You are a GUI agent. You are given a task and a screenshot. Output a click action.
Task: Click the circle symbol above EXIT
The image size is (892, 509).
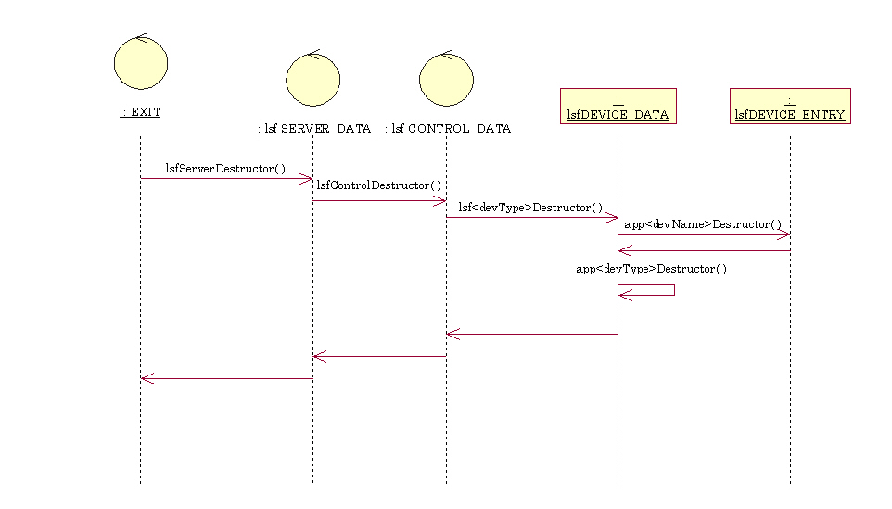(141, 63)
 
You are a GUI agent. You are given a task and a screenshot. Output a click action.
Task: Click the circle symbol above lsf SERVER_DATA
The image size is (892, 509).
(312, 79)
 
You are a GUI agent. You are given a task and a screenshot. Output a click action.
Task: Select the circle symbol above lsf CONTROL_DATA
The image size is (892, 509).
(446, 79)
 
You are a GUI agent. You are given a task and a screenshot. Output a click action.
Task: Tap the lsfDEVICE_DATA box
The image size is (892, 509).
(618, 107)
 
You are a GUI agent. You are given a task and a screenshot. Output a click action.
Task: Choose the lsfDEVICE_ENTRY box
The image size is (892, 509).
(790, 107)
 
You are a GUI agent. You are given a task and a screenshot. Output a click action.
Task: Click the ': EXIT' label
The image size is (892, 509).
(141, 112)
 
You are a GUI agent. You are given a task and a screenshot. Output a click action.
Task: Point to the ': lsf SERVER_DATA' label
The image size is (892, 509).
(313, 129)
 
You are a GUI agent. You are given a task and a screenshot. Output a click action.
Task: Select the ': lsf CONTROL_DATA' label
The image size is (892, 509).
(447, 129)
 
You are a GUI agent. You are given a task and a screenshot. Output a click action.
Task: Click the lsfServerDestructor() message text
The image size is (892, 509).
(225, 169)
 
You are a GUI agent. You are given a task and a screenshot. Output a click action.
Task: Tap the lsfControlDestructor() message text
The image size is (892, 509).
(379, 185)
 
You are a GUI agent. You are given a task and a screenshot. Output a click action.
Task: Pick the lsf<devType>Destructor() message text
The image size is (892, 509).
(530, 208)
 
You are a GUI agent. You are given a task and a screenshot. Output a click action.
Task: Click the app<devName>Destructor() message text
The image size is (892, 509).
(703, 224)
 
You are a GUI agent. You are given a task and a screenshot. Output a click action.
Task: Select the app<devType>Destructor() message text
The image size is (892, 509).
(652, 269)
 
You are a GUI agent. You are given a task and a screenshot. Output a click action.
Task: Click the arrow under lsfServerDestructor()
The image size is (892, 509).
(226, 179)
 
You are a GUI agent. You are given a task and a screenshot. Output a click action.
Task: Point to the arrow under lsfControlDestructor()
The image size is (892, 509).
(379, 200)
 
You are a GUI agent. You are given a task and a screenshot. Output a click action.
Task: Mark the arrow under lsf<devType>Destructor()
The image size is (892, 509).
(531, 218)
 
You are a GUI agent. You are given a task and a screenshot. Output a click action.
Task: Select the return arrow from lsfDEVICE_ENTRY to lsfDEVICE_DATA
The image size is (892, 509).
(704, 250)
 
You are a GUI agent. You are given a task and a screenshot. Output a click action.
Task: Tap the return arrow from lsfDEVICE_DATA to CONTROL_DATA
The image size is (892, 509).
(531, 334)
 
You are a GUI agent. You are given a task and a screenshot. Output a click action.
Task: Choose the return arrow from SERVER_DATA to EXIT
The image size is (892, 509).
(226, 378)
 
